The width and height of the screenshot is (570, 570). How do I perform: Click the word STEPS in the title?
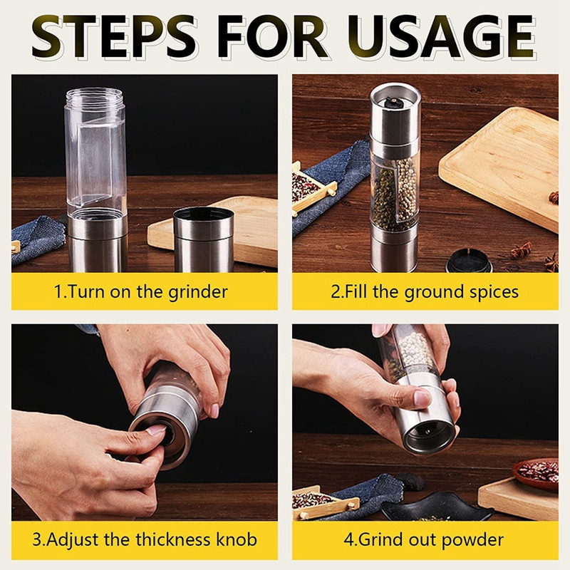pos(114,37)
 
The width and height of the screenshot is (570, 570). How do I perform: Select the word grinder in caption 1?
pos(198,292)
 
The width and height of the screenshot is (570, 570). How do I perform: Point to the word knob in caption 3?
pos(237,539)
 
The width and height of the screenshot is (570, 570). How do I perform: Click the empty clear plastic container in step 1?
pos(95,152)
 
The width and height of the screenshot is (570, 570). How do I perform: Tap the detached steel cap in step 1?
pos(204,239)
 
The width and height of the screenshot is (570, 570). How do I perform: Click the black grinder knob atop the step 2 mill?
pos(393,102)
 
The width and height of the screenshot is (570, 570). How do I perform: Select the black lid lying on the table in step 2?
pos(470,260)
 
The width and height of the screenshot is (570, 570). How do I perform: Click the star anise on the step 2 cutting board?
pos(554,198)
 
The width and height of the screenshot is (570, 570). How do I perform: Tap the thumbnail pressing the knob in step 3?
pos(156,430)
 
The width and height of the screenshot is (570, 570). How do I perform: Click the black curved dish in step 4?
pos(436,507)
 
